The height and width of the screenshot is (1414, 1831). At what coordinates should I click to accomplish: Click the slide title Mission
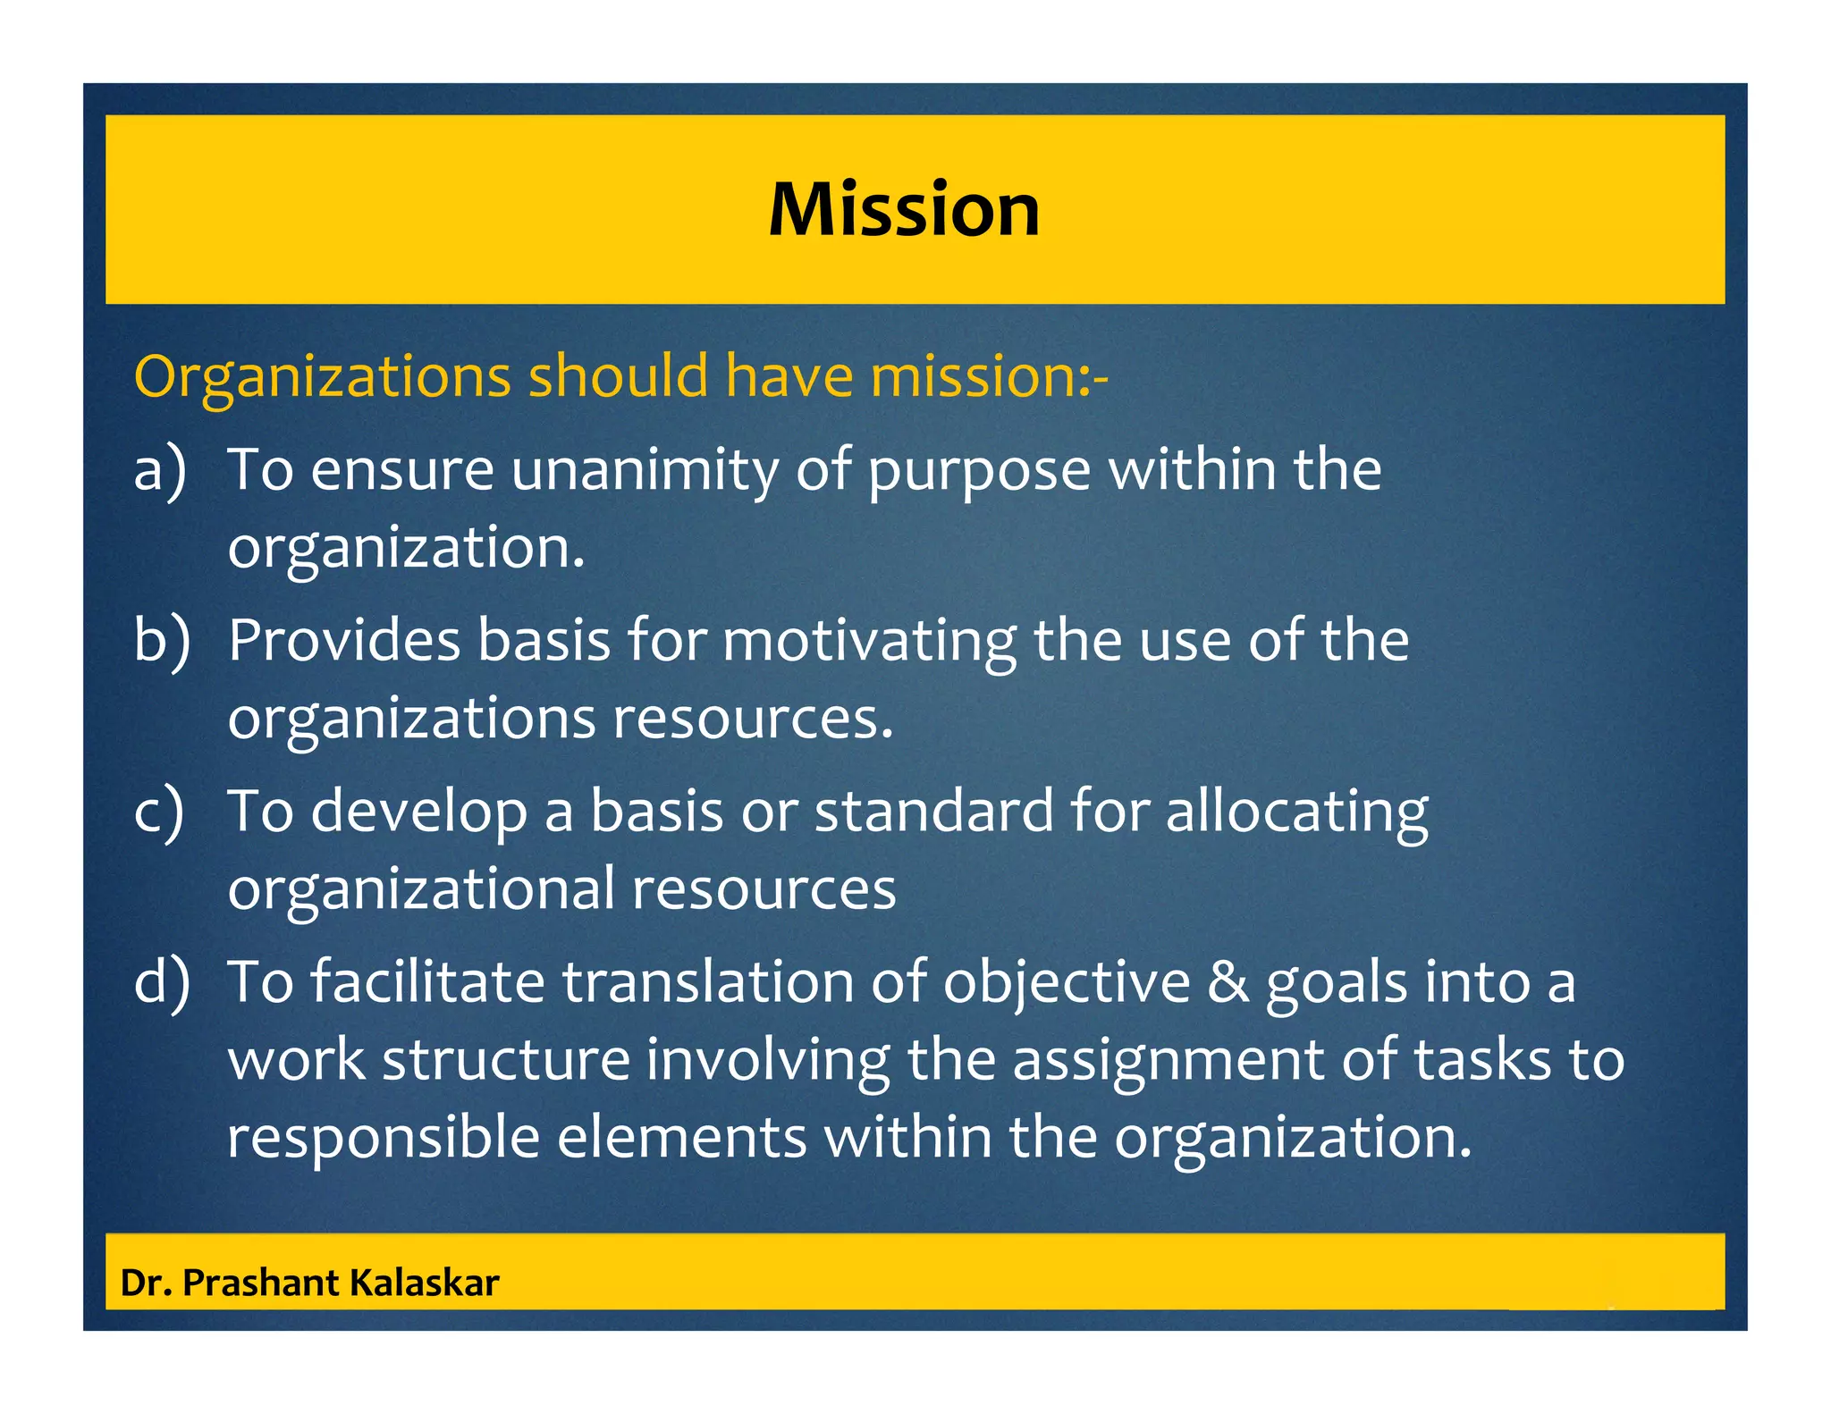[904, 210]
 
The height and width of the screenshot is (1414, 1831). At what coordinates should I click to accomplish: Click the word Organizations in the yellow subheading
[322, 376]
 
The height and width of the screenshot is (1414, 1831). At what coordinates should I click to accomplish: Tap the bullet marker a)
[160, 469]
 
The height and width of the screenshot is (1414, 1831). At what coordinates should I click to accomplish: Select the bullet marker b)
[161, 640]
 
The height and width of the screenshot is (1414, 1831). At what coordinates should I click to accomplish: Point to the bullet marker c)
[159, 812]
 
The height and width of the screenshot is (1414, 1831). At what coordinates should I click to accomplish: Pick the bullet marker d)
[161, 981]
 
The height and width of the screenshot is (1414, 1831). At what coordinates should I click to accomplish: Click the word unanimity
[645, 471]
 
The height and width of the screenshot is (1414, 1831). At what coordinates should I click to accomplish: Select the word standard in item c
[934, 812]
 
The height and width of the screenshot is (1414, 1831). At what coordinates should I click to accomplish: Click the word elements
[681, 1138]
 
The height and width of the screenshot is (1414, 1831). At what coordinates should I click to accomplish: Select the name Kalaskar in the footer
[424, 1284]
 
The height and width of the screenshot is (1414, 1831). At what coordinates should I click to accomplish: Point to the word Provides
[343, 640]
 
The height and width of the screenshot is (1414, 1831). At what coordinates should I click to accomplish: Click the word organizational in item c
[421, 890]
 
